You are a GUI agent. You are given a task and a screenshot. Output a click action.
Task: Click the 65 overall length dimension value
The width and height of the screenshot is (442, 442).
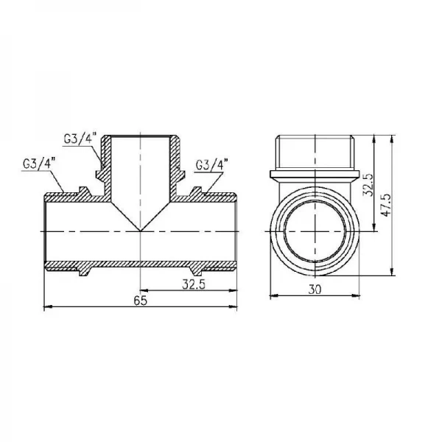(x=141, y=301)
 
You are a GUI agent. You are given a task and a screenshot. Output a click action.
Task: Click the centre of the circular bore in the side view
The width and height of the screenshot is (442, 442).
(x=317, y=231)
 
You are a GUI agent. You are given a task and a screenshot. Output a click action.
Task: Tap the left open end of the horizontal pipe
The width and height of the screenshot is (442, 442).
(x=46, y=231)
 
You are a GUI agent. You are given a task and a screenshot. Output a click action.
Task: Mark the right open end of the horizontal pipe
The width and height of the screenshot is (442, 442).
(x=237, y=231)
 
